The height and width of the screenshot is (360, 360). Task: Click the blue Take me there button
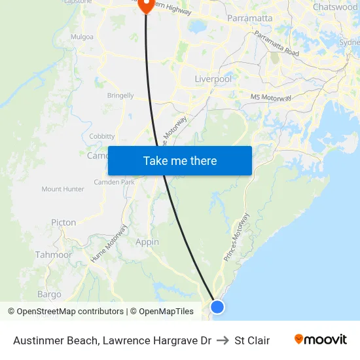tap(180, 160)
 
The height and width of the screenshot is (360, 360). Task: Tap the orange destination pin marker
tap(145, 5)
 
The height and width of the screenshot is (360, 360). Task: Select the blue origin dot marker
tap(217, 306)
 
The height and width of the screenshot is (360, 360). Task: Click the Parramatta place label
tap(249, 18)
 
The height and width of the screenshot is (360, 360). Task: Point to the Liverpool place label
tap(213, 79)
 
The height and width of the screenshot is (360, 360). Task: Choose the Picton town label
tap(63, 223)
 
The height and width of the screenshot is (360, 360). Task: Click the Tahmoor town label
tap(54, 255)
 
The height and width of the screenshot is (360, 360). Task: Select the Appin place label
tap(147, 242)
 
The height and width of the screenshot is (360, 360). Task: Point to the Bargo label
tap(49, 295)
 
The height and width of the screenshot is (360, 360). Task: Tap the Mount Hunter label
tap(63, 189)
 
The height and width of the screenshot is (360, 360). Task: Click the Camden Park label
tap(114, 182)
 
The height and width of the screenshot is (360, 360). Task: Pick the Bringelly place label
tap(120, 96)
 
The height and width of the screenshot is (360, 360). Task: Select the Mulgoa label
tap(82, 37)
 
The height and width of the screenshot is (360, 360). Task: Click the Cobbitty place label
tap(102, 136)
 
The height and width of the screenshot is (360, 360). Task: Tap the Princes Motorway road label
tap(236, 238)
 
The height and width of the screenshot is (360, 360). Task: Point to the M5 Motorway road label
tap(271, 98)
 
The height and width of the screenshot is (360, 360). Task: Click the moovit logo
tap(321, 340)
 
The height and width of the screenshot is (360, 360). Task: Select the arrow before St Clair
tap(223, 340)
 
